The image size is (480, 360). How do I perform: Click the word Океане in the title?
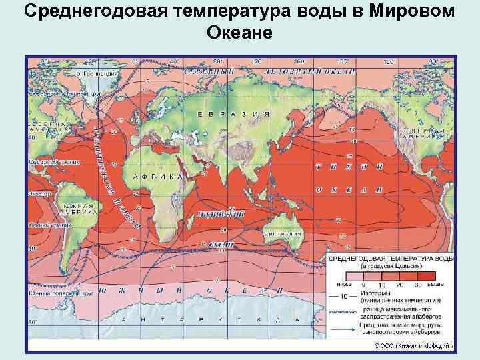(239, 33)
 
